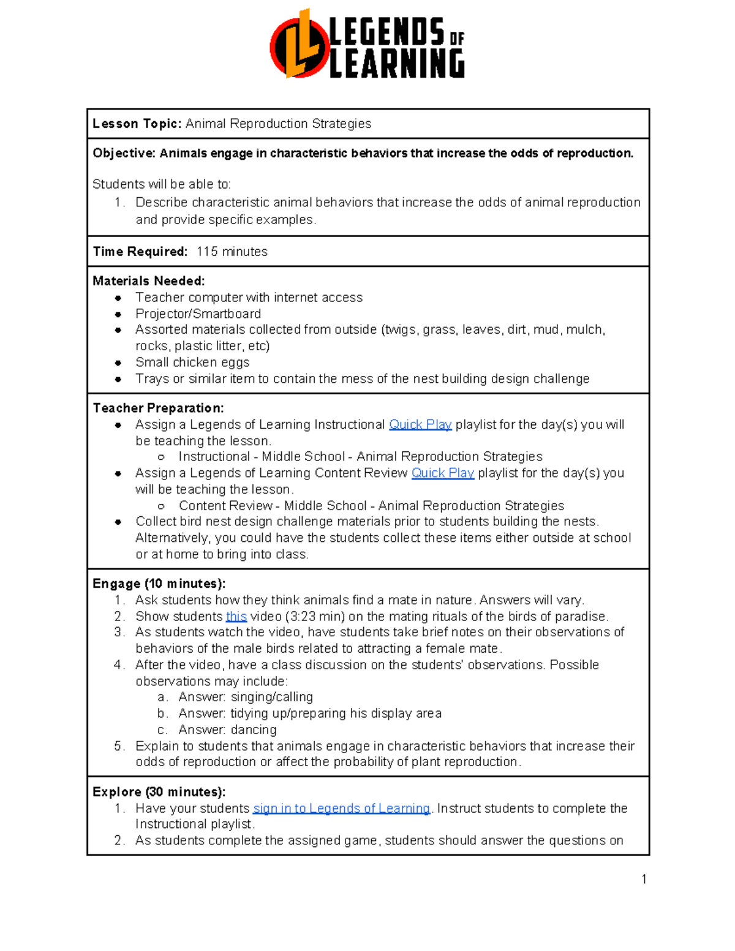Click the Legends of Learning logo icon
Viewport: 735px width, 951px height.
click(299, 45)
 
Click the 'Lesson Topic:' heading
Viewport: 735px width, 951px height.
click(137, 124)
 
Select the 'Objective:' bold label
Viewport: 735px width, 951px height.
click(124, 153)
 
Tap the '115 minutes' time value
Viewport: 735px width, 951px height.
click(232, 252)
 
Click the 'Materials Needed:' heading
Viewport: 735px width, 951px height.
click(149, 281)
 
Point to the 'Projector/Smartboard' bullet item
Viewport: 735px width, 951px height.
click(198, 314)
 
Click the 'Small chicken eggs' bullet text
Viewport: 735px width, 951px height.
click(192, 362)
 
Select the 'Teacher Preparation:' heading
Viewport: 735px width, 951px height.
click(158, 408)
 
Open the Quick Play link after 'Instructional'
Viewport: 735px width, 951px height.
click(420, 424)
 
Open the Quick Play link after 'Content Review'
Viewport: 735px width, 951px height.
click(442, 473)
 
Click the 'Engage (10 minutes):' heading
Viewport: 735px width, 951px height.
click(159, 584)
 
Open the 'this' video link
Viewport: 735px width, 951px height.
click(236, 616)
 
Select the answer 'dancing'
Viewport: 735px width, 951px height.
click(254, 729)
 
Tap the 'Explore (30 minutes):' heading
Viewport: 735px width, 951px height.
click(159, 792)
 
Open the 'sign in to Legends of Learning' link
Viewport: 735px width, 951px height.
click(341, 808)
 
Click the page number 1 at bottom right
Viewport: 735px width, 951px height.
click(644, 879)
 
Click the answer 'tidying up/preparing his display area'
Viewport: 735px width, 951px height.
click(336, 713)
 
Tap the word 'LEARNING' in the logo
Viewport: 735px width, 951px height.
click(396, 64)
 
